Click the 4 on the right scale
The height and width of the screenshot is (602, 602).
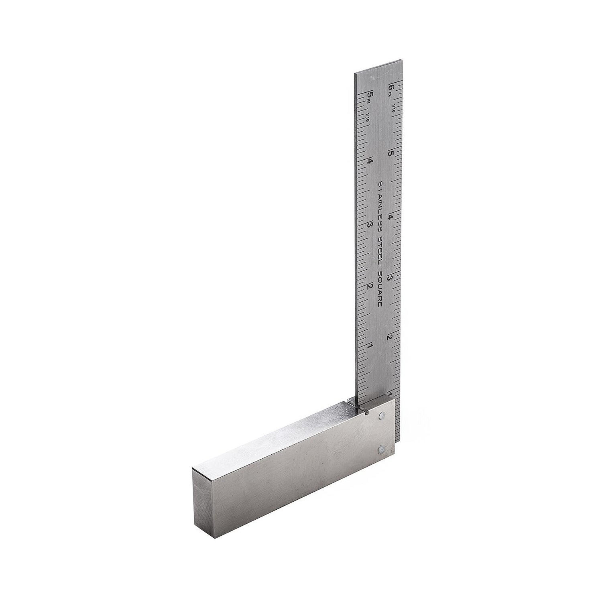390,217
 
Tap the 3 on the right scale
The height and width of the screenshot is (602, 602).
389,277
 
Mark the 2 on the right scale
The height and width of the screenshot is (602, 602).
389,337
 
